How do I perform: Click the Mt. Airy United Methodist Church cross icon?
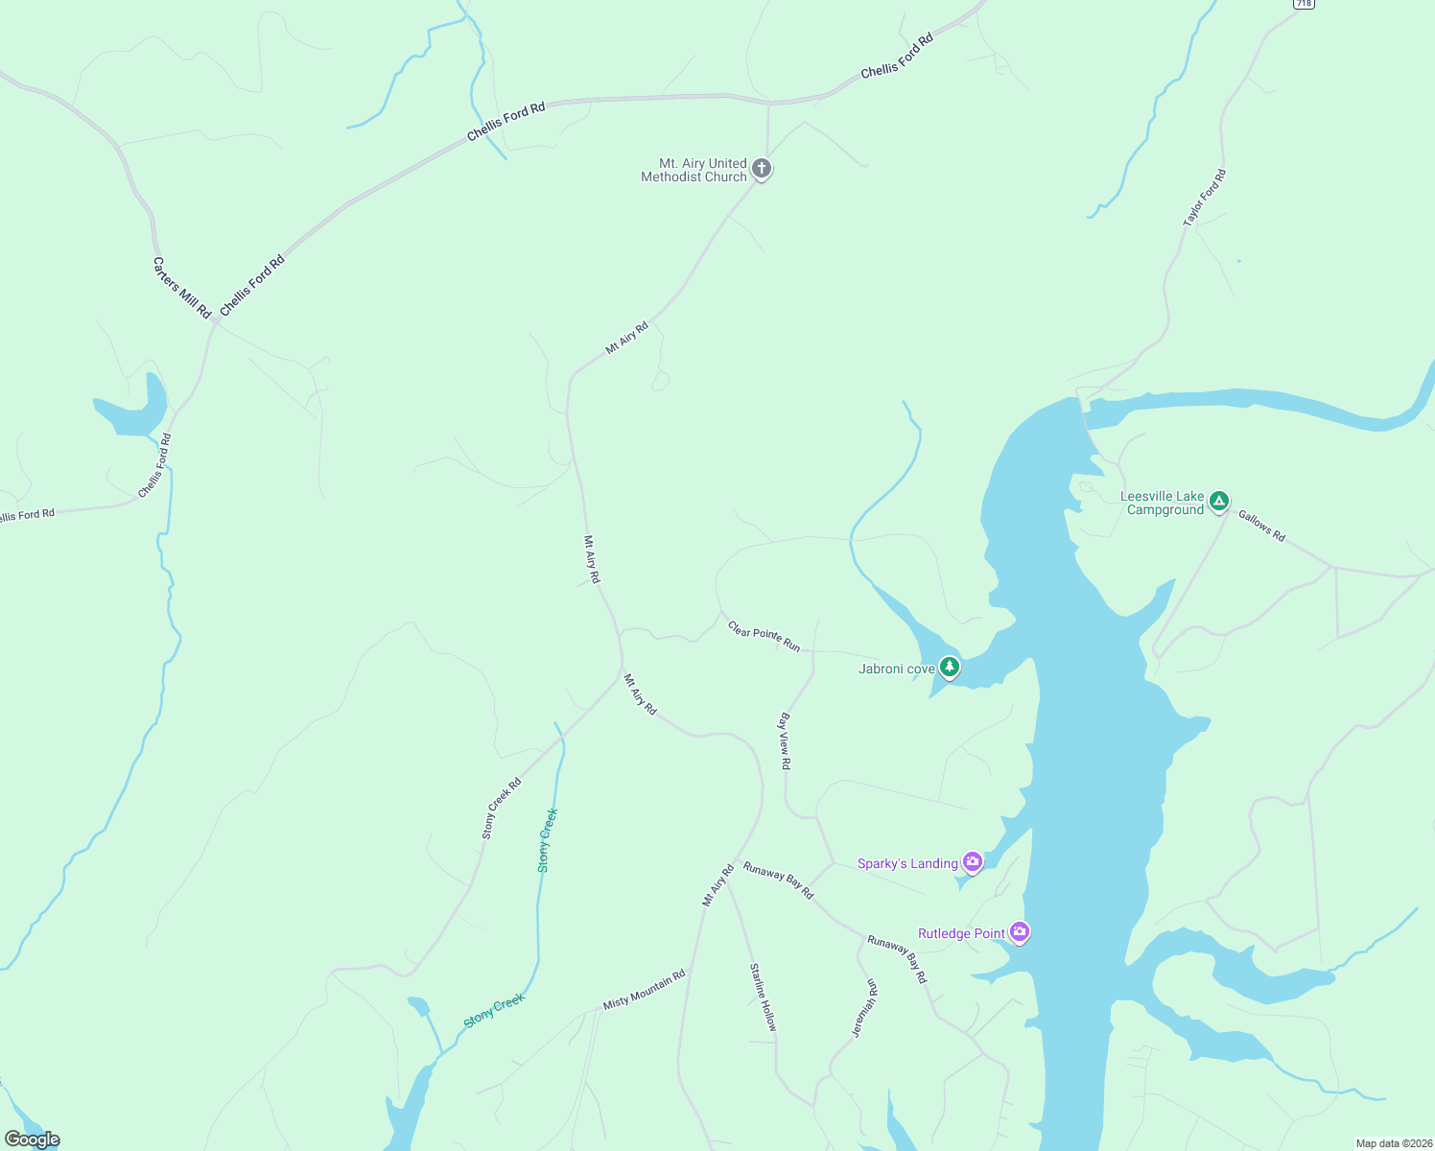click(x=762, y=169)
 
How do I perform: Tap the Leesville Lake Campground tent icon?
click(x=1218, y=500)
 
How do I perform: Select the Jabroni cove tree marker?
click(x=950, y=667)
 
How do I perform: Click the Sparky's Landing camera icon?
click(x=973, y=861)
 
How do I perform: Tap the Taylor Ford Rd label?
click(x=1205, y=199)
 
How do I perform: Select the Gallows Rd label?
click(x=1261, y=526)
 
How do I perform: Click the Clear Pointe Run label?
click(x=764, y=636)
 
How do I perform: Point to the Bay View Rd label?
click(x=785, y=740)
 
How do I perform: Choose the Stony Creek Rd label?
click(x=502, y=808)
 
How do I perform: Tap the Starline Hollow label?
click(x=764, y=997)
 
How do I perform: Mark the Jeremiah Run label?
click(x=864, y=1008)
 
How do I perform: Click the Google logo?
click(x=32, y=1139)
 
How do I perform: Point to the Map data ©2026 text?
click(x=1393, y=1143)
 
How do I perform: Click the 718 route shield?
click(x=1303, y=4)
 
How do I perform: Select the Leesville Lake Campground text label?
click(x=1163, y=503)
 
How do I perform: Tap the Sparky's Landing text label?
click(x=907, y=863)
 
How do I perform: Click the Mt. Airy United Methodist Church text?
click(x=694, y=170)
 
